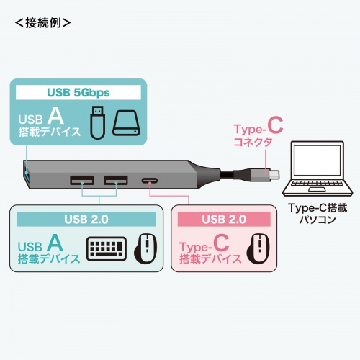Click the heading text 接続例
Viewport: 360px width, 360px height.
click(42, 22)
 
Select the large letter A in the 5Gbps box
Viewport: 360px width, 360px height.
click(53, 115)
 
